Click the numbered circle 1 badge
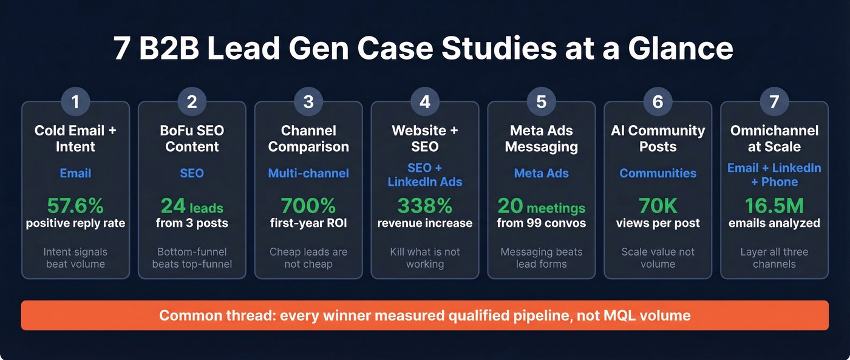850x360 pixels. tap(75, 102)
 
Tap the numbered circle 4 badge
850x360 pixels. tap(425, 102)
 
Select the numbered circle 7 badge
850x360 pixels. tap(774, 102)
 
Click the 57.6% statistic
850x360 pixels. tap(75, 205)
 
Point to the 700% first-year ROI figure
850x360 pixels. tap(308, 205)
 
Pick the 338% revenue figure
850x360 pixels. tap(425, 205)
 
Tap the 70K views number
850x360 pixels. tap(658, 205)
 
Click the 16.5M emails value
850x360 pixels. tap(774, 205)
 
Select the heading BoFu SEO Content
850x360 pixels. tap(192, 138)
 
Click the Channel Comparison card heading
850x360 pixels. tap(308, 138)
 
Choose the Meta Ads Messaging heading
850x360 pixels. tap(541, 138)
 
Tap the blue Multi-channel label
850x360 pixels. tap(308, 174)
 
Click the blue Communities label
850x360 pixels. tap(658, 174)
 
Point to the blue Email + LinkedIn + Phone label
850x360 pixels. tap(774, 175)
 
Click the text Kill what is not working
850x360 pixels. tap(425, 258)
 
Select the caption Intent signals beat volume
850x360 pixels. tap(75, 258)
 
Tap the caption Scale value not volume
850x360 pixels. tap(658, 258)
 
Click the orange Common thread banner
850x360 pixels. tap(424, 316)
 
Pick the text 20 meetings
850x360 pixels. tap(541, 206)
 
